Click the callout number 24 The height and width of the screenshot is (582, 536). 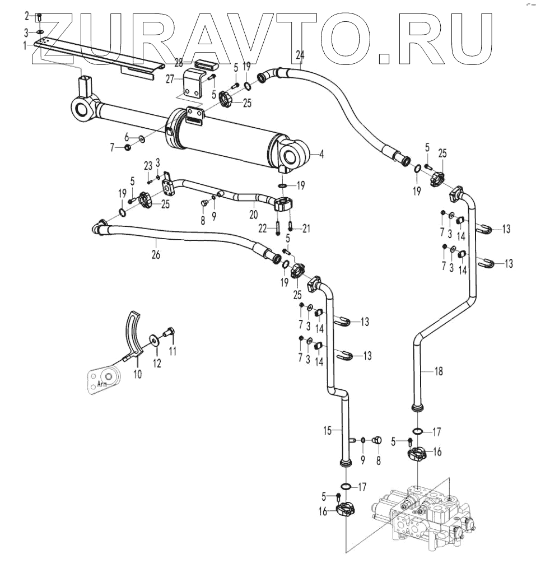click(x=300, y=54)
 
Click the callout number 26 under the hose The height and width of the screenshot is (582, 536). click(x=155, y=254)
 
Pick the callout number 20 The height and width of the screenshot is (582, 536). click(x=253, y=213)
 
